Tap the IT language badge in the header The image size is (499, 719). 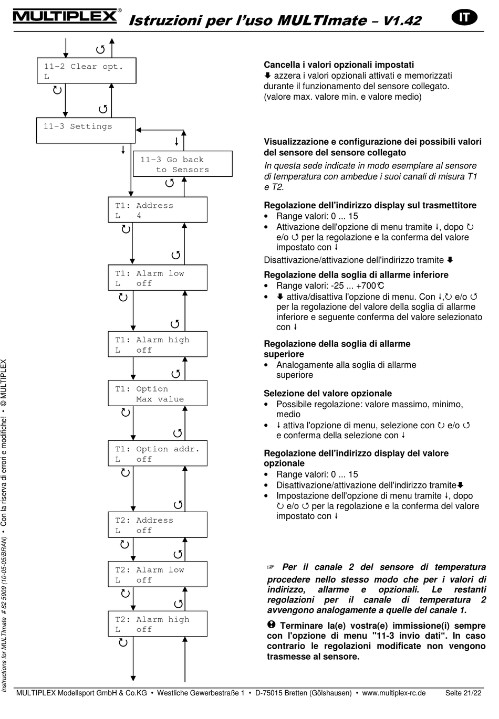coord(464,17)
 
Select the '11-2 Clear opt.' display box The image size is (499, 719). coord(86,71)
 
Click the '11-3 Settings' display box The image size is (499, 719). coord(86,130)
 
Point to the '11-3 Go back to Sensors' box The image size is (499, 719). coord(182,164)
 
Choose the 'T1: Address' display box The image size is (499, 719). coord(158,210)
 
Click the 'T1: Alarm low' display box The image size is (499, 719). coord(158,278)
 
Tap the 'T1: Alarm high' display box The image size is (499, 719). coord(158,344)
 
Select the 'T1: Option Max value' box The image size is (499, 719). coord(158,394)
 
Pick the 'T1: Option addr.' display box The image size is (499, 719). coord(158,453)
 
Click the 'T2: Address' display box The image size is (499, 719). coord(158,525)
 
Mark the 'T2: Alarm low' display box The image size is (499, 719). coord(158,574)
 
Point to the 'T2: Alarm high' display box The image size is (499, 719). coord(158,624)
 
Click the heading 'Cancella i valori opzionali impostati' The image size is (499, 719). coord(339,65)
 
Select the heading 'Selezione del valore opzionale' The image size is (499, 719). coord(328,393)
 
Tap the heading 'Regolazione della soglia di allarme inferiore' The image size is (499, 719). coord(356,274)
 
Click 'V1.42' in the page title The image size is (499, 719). coord(402,20)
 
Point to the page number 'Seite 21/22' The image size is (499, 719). coord(463,693)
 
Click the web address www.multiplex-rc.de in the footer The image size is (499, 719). coord(394,693)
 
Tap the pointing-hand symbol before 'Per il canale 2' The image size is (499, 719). coord(271,567)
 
